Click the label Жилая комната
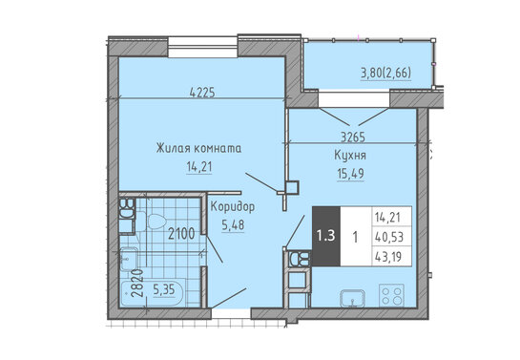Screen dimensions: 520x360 tap(198, 148)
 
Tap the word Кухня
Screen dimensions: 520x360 tap(350, 156)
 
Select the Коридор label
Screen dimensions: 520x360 tap(233, 207)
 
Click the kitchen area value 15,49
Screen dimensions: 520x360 tap(350, 174)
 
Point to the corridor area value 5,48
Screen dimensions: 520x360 tap(233, 225)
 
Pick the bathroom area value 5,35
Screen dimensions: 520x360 tap(164, 289)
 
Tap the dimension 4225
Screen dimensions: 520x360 tap(202, 93)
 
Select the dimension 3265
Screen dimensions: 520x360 tap(353, 137)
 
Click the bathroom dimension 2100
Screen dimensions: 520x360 tap(181, 234)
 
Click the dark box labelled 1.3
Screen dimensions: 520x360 tap(326, 236)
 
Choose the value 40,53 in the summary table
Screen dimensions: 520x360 tap(388, 237)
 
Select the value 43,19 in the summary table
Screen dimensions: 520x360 tap(388, 257)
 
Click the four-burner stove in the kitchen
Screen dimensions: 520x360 tap(391, 295)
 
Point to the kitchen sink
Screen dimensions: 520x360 tap(352, 298)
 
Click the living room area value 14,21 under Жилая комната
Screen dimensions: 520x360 tap(199, 167)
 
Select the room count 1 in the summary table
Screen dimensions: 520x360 tap(356, 237)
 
